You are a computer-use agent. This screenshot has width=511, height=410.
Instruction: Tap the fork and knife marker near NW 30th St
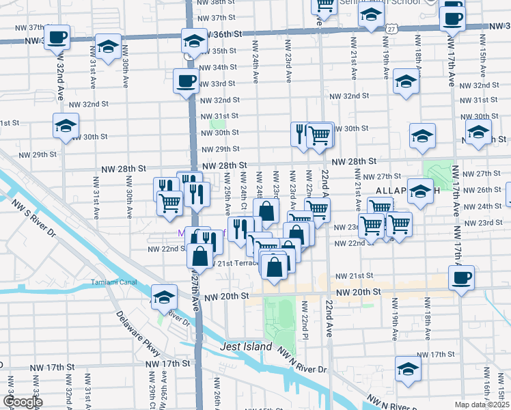(301, 135)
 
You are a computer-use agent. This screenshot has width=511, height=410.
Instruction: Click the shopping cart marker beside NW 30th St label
(320, 135)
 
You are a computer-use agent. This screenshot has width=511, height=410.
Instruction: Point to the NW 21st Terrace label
(235, 264)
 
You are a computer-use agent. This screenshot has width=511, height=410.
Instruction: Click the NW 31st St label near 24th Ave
(219, 115)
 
